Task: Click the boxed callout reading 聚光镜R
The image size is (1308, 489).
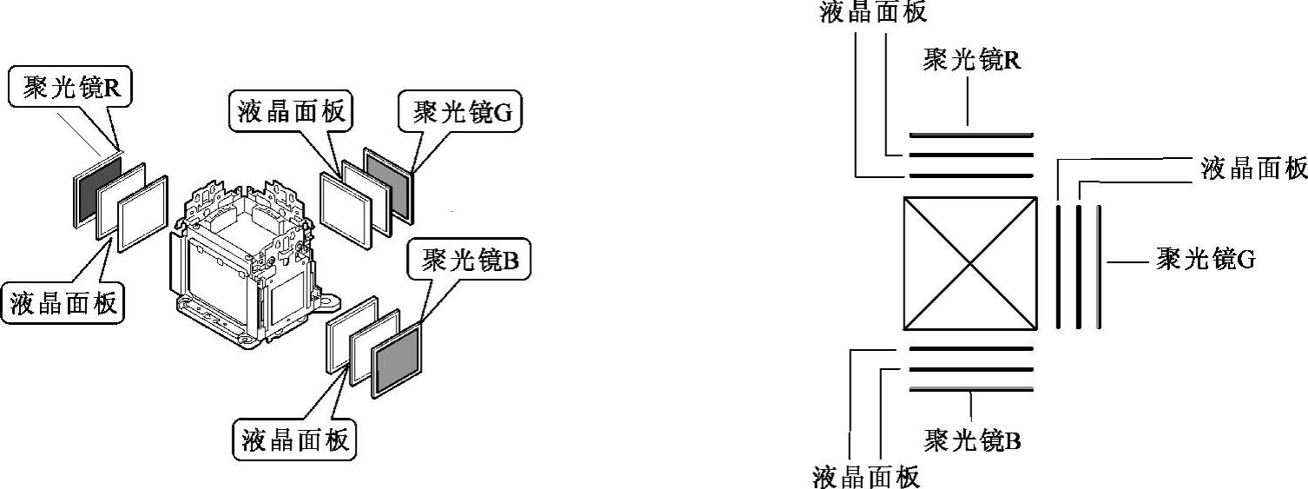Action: tap(70, 88)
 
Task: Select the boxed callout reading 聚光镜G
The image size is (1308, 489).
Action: tap(458, 113)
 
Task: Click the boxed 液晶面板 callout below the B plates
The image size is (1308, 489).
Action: tap(295, 439)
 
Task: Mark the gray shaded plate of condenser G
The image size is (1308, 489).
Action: tap(387, 186)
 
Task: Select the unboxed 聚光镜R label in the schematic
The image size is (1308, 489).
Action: tap(971, 60)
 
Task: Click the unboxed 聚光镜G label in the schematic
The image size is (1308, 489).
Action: tap(1206, 259)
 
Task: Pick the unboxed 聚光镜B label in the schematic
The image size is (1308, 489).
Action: tap(972, 440)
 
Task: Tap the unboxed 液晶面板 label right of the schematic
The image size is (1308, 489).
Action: tap(1253, 169)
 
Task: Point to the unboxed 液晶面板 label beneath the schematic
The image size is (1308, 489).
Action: tap(865, 477)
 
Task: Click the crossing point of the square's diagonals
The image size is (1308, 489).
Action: tap(970, 263)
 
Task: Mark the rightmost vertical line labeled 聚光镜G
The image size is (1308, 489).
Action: tap(1099, 267)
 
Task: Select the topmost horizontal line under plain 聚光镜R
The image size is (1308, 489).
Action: tap(970, 135)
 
